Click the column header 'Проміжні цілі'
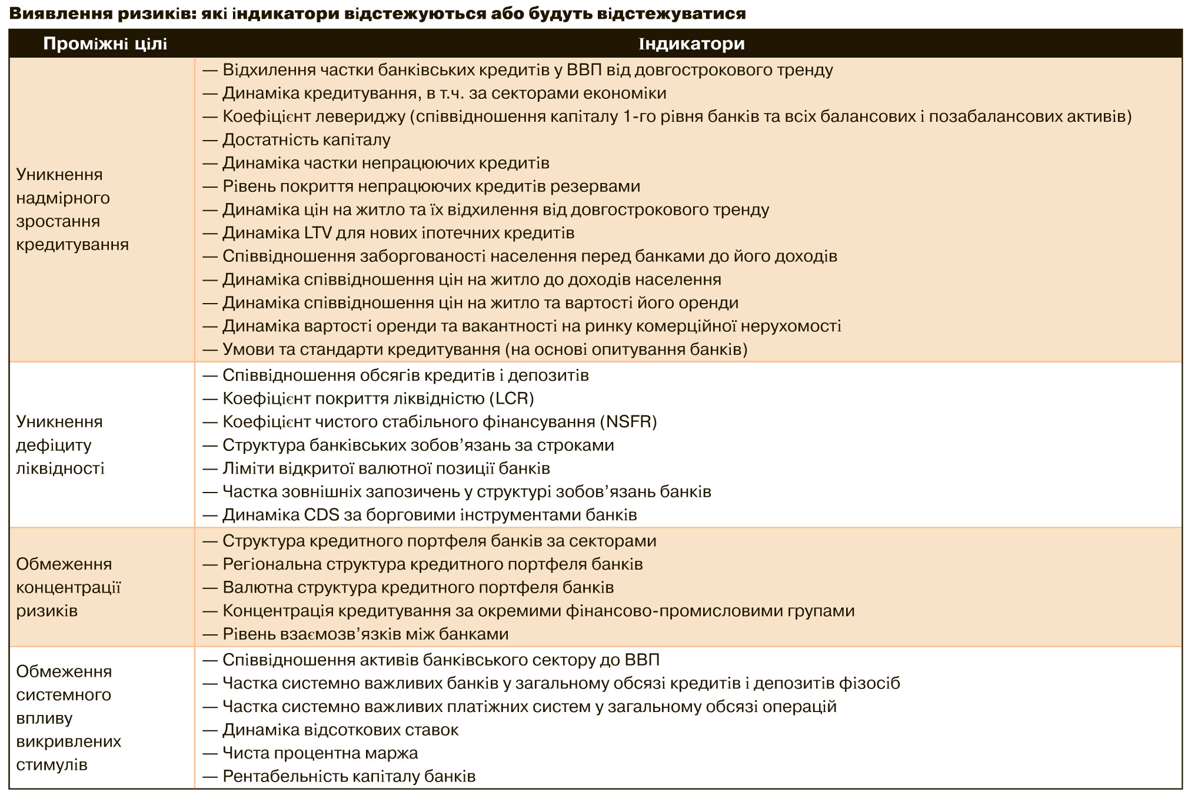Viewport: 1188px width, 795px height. tap(105, 44)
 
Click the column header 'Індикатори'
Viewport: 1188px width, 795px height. tap(691, 44)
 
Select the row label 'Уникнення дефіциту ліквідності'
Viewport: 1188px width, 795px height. tap(60, 445)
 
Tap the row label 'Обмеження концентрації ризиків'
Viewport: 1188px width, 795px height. tap(68, 587)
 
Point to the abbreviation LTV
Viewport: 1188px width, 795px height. tap(319, 233)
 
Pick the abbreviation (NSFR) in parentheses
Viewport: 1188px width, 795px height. tap(628, 422)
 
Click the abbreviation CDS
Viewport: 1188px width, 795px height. tap(322, 515)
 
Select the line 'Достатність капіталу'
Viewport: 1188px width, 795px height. tap(306, 140)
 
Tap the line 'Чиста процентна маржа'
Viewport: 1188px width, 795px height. tap(320, 753)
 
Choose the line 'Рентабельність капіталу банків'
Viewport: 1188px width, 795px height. tap(348, 776)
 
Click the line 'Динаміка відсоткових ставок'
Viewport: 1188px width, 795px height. tap(340, 730)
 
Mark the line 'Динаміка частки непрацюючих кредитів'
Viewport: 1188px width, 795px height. tap(385, 163)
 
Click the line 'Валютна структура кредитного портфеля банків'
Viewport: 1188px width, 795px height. tap(418, 587)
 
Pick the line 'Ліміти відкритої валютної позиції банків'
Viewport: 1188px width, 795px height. tap(386, 468)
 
